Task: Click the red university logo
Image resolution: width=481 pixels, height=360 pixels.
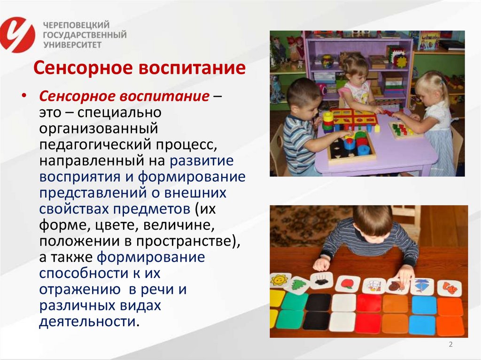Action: point(17,35)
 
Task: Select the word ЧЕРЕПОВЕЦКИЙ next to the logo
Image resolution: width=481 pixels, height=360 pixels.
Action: point(77,24)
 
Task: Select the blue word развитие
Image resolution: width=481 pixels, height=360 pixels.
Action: point(202,161)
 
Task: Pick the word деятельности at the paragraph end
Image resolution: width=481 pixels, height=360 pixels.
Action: point(89,322)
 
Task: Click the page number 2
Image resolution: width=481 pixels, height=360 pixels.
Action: point(450,345)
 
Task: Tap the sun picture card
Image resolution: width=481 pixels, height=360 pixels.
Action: point(280,280)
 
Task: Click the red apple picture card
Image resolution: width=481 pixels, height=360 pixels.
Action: point(347,284)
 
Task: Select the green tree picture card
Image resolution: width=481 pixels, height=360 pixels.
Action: point(298,284)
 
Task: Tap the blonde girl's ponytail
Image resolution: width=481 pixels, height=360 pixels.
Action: point(443,85)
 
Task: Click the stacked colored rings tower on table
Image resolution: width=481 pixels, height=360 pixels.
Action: point(328,122)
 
